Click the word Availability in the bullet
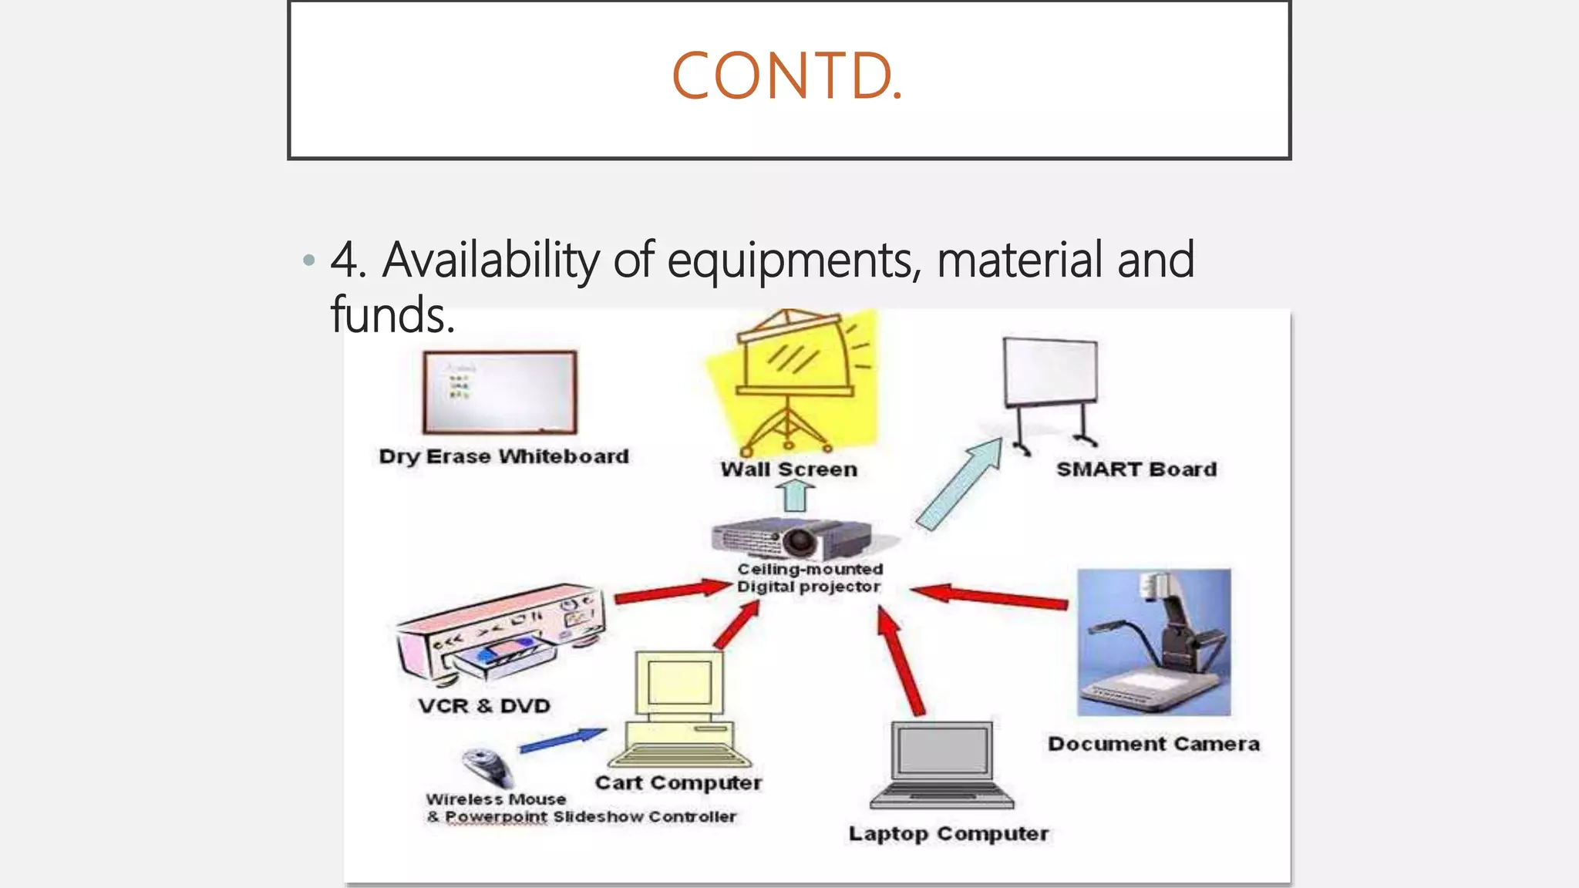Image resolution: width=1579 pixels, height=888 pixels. (490, 260)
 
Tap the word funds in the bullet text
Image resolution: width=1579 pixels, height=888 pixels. (392, 314)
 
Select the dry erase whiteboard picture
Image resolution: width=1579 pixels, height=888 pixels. (500, 392)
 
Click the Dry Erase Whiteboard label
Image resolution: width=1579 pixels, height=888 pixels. (504, 456)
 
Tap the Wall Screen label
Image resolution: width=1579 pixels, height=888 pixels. (789, 469)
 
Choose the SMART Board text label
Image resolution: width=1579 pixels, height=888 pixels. (1136, 469)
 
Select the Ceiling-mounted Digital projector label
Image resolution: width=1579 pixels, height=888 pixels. (810, 578)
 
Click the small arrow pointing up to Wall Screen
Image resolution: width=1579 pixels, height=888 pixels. (795, 496)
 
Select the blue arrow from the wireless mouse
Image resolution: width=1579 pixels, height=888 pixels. (563, 739)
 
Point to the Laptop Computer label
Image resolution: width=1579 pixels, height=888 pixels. (948, 834)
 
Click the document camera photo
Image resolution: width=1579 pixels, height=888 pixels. (1153, 642)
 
